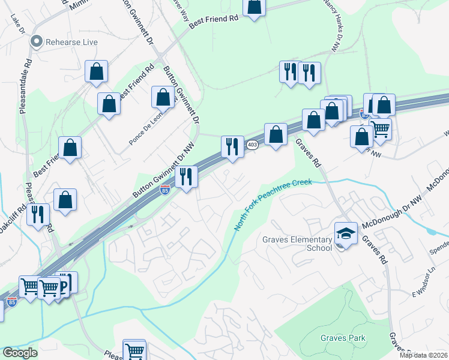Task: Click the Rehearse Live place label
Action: coord(72,42)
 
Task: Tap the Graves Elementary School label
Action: coord(297,243)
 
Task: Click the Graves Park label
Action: coord(343,338)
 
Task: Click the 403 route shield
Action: coord(252,145)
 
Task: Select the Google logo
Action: coord(19,353)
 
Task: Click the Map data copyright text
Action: coord(423,355)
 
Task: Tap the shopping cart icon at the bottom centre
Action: coord(134,350)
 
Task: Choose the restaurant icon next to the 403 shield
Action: coord(232,146)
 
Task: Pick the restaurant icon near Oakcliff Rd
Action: coord(38,214)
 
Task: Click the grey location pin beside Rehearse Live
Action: coord(37,42)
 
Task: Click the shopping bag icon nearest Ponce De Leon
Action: coord(163,97)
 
